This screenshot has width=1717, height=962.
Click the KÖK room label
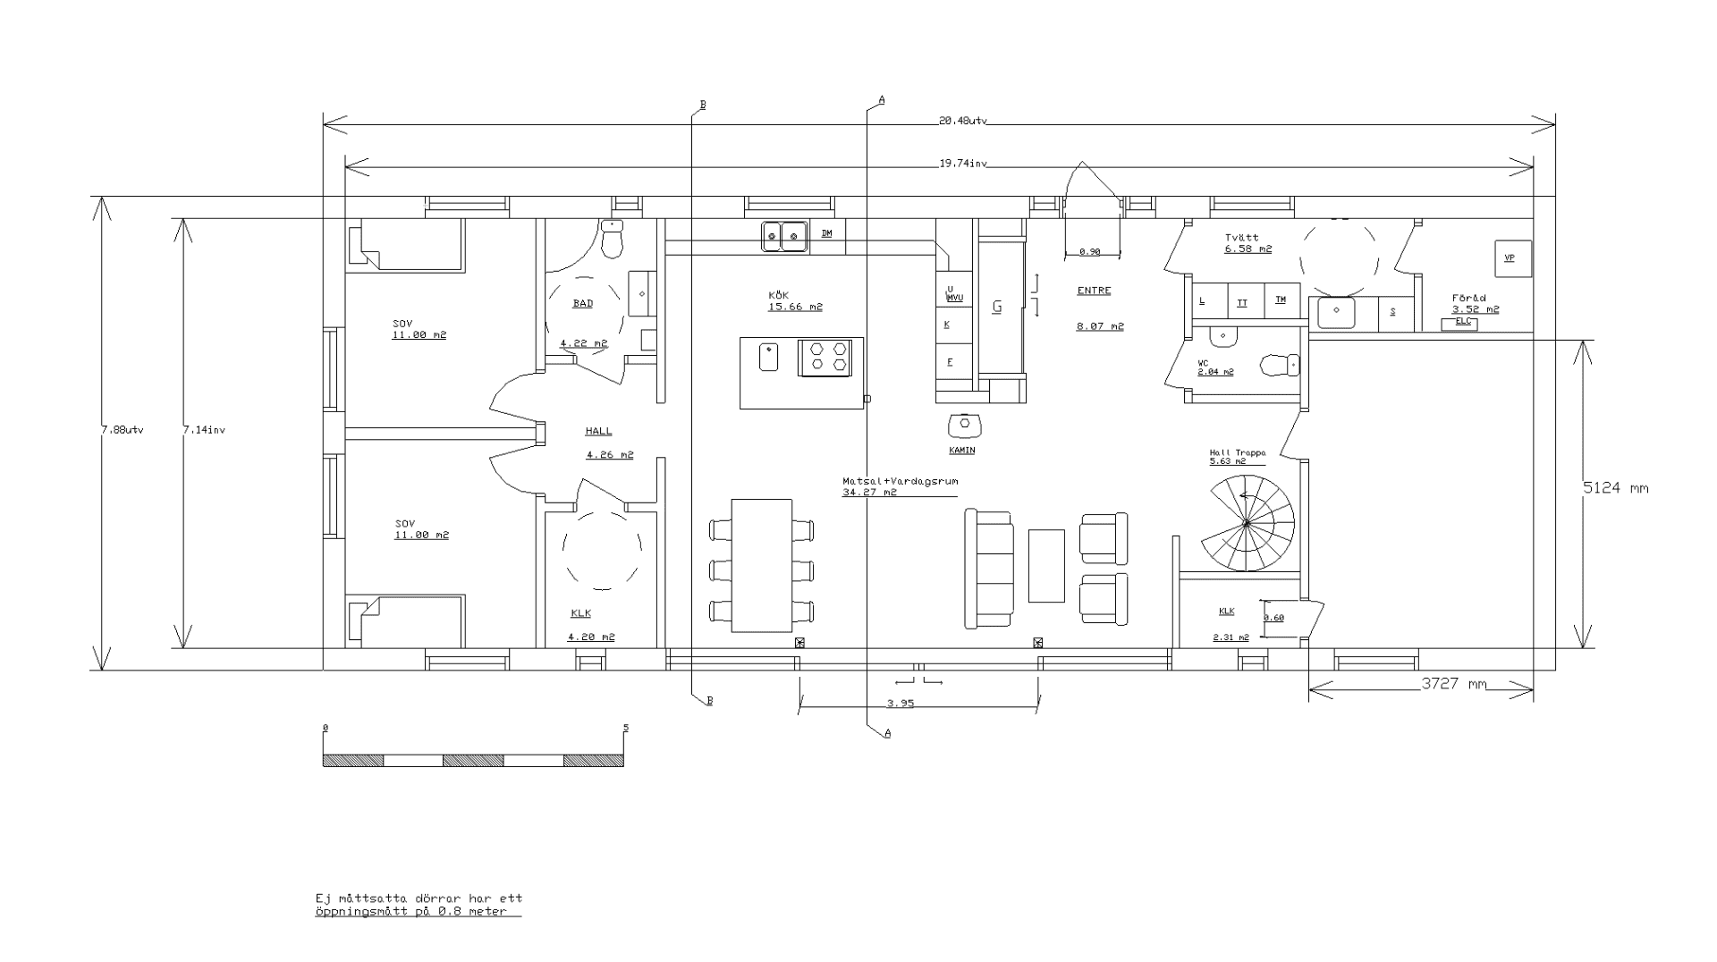pos(778,295)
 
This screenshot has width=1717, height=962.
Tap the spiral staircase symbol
pos(1247,524)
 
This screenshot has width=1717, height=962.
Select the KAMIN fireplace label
pos(962,451)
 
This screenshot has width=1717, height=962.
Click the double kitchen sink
pos(784,236)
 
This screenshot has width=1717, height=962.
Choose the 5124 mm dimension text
pos(1615,488)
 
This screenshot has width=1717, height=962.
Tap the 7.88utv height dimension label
pos(123,430)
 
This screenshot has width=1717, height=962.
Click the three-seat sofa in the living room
pos(988,569)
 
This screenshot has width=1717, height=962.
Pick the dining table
pos(762,565)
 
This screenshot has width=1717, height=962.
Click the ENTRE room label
pos(1094,291)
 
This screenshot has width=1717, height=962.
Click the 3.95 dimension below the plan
pos(901,704)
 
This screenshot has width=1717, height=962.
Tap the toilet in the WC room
pos(1279,365)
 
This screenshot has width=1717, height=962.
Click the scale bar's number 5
pos(626,728)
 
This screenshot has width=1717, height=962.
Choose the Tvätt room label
pos(1242,238)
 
